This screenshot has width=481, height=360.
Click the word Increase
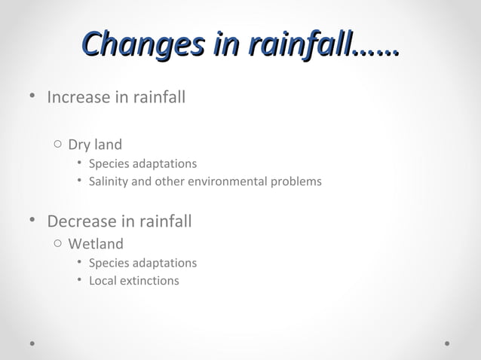tap(78, 98)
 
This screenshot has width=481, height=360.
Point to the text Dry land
tap(95, 145)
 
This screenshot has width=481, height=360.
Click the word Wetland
tap(96, 244)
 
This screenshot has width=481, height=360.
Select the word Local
tap(103, 281)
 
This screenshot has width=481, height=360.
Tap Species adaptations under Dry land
tap(142, 163)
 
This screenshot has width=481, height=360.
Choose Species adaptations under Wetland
tap(142, 263)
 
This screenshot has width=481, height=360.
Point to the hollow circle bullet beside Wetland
tap(57, 244)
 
